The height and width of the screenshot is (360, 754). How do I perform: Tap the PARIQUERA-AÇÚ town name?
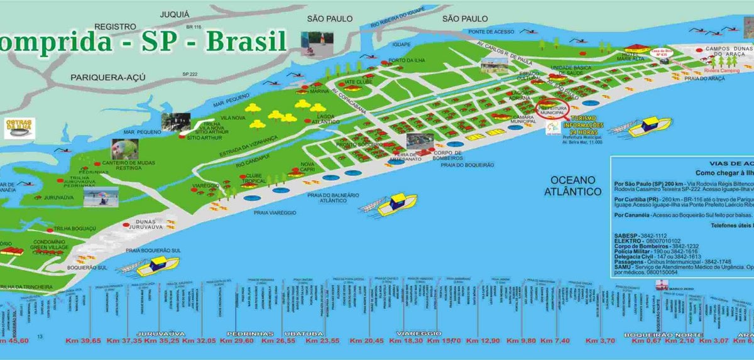coord(109,77)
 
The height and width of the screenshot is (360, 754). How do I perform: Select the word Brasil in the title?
coord(243,40)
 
